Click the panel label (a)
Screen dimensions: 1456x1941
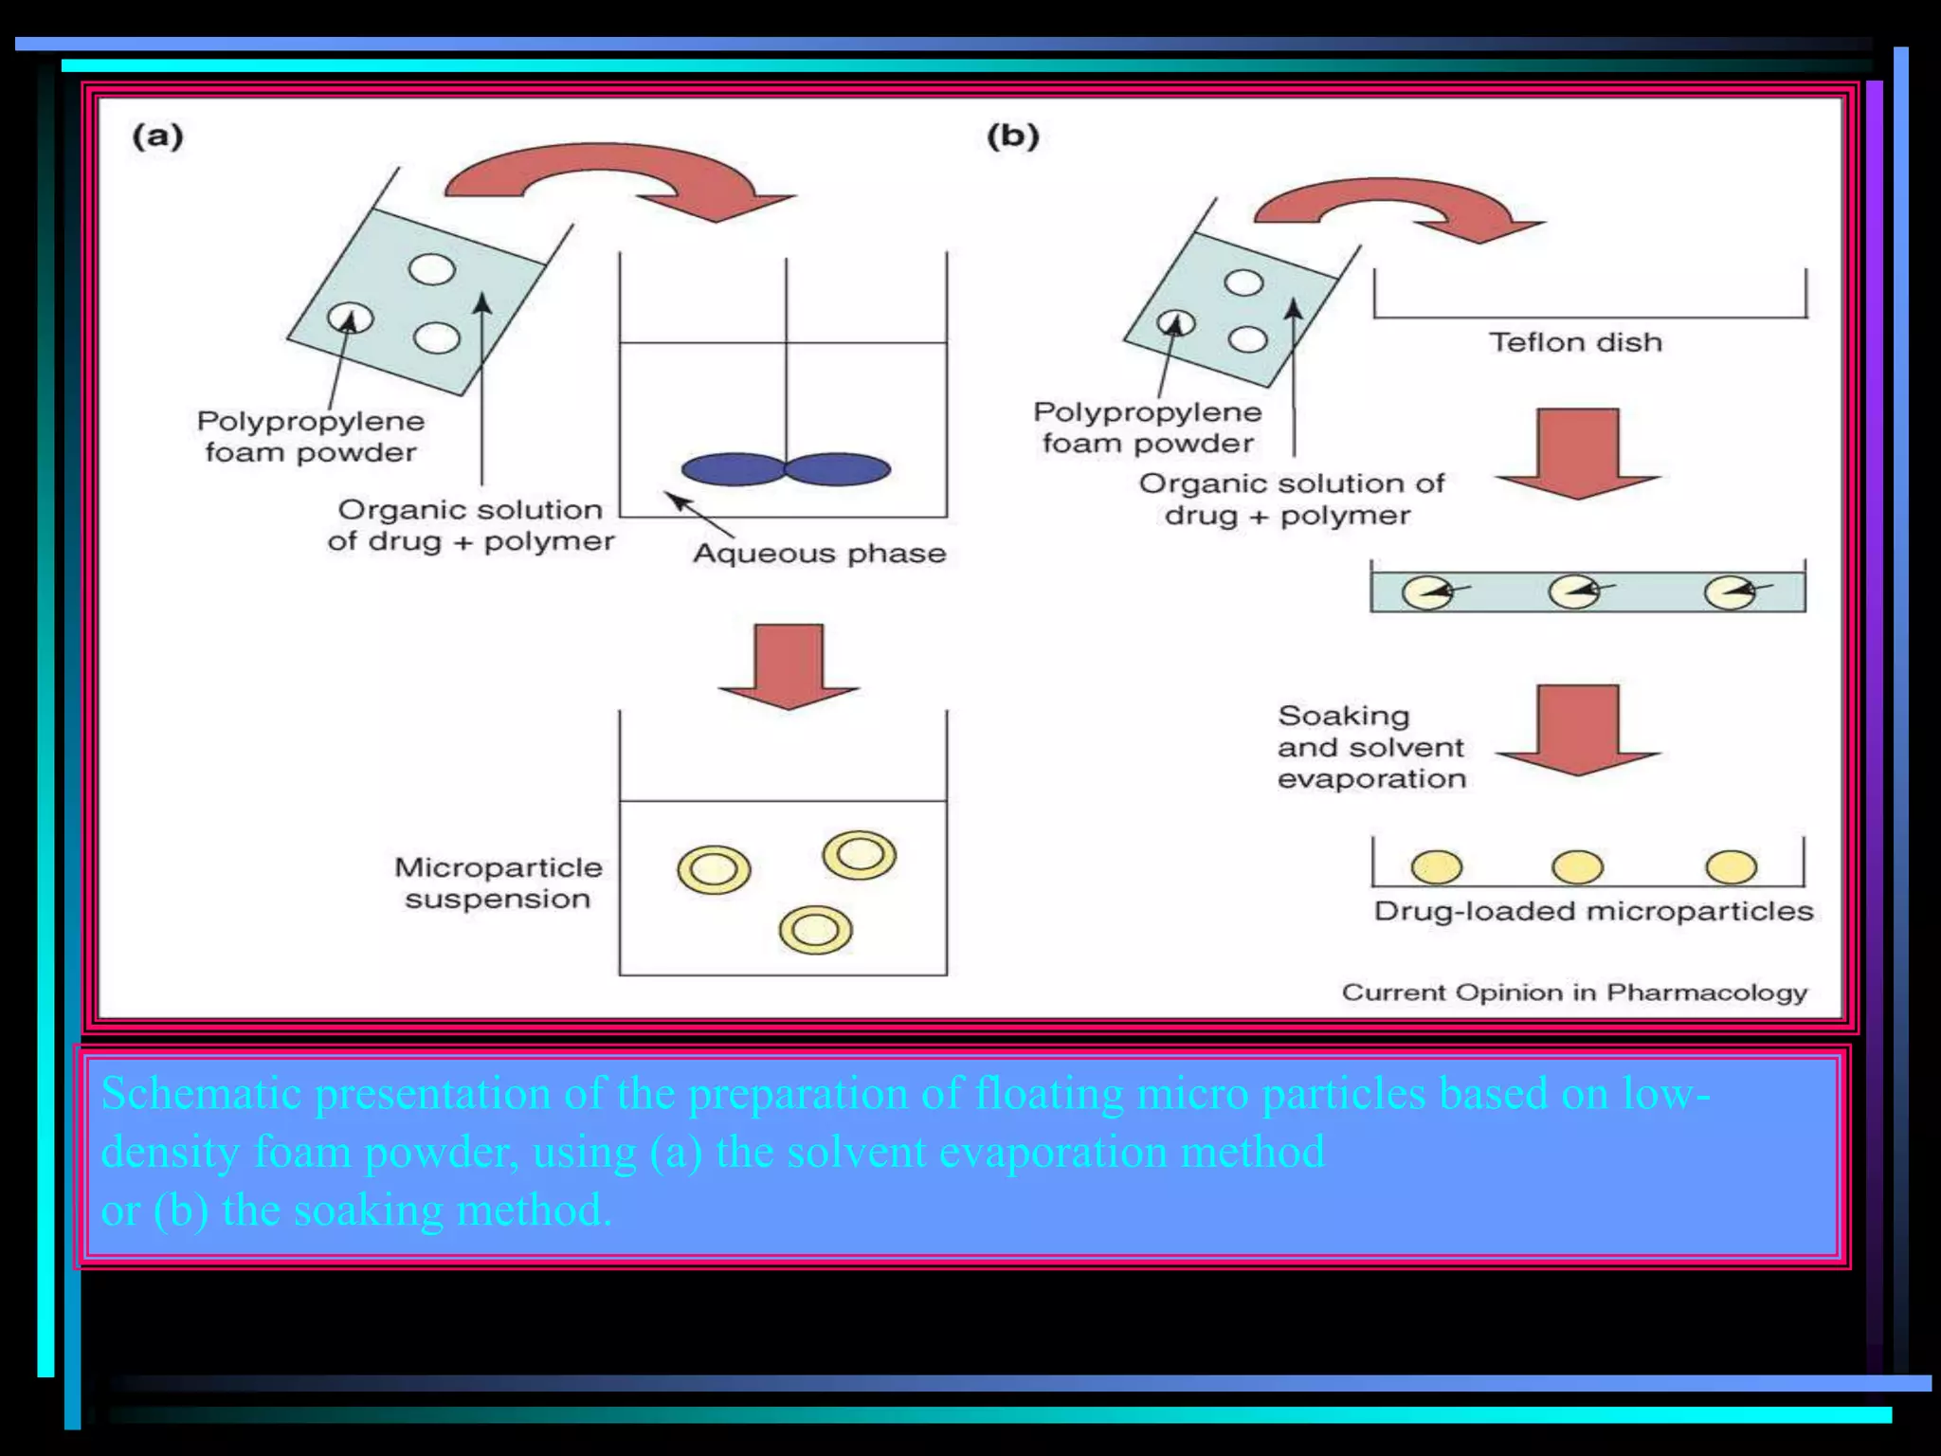[157, 136]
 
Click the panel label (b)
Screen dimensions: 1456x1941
[1012, 136]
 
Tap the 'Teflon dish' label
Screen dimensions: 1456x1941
[1575, 342]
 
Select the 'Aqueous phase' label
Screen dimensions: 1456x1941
[820, 554]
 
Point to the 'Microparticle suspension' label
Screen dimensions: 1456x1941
[498, 883]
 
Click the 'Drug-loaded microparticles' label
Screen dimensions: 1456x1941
[1593, 912]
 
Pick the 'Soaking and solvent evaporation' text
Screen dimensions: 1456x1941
[1370, 747]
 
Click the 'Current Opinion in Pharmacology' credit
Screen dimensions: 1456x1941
[1574, 992]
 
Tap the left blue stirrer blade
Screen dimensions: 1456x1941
[733, 469]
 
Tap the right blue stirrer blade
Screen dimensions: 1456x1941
[838, 469]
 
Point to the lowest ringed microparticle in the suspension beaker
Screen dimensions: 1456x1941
[815, 930]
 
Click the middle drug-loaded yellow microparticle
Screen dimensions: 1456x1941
[1577, 866]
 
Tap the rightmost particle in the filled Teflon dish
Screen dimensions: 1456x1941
[1730, 593]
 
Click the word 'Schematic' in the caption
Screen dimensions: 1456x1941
[201, 1094]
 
